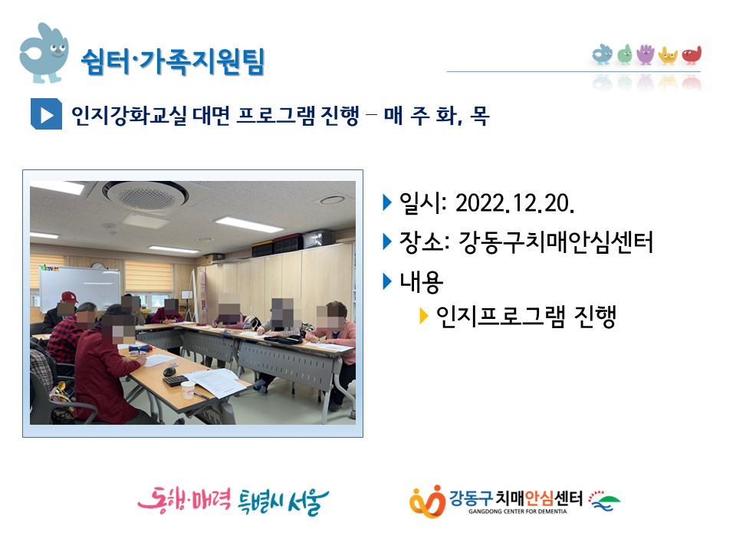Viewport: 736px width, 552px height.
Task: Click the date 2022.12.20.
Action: [x=515, y=203]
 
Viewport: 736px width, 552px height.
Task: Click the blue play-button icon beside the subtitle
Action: [x=46, y=114]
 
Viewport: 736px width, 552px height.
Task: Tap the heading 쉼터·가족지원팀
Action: [x=173, y=61]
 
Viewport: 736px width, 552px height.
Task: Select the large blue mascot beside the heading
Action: [x=44, y=53]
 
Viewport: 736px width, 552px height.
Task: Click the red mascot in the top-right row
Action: [x=692, y=55]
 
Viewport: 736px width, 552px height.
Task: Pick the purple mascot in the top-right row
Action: [x=646, y=54]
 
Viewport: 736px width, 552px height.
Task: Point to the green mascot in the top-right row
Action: [x=624, y=54]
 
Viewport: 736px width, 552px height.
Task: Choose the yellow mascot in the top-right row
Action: [x=668, y=55]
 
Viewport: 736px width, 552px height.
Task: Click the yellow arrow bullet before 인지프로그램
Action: [x=424, y=316]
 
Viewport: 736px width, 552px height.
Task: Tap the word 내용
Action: [x=421, y=282]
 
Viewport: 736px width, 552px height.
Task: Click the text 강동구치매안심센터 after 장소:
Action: [x=555, y=242]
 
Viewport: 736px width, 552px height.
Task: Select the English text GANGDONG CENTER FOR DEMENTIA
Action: [x=517, y=511]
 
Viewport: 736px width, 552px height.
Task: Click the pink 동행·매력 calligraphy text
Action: [x=184, y=500]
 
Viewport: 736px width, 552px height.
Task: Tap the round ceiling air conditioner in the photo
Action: [x=145, y=195]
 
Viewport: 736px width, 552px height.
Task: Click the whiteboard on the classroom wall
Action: [x=79, y=287]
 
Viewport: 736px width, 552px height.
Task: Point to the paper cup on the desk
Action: [x=188, y=389]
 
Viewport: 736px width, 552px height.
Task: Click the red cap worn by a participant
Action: [x=69, y=297]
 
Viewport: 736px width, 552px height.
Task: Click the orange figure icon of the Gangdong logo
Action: [x=427, y=501]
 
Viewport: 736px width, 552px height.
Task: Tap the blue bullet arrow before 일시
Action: [x=387, y=202]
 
